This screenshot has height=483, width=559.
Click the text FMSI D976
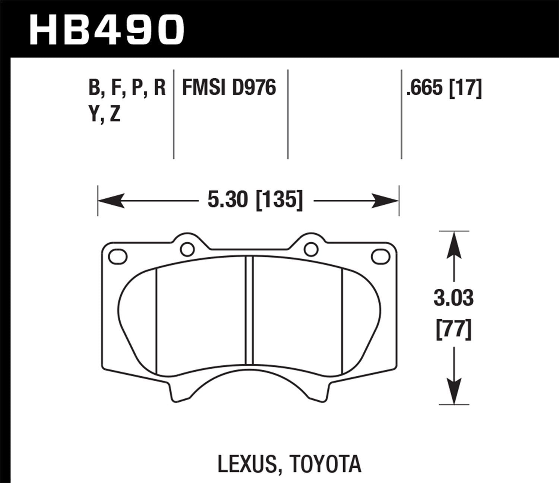[x=229, y=88]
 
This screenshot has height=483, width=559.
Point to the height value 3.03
[x=454, y=299]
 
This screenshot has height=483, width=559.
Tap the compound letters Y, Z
[x=105, y=115]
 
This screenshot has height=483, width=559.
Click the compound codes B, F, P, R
[x=127, y=88]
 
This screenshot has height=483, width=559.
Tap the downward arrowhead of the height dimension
[x=454, y=391]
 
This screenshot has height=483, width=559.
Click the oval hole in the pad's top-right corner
[x=380, y=257]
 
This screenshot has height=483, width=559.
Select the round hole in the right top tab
[x=310, y=249]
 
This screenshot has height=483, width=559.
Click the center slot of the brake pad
[x=249, y=310]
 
